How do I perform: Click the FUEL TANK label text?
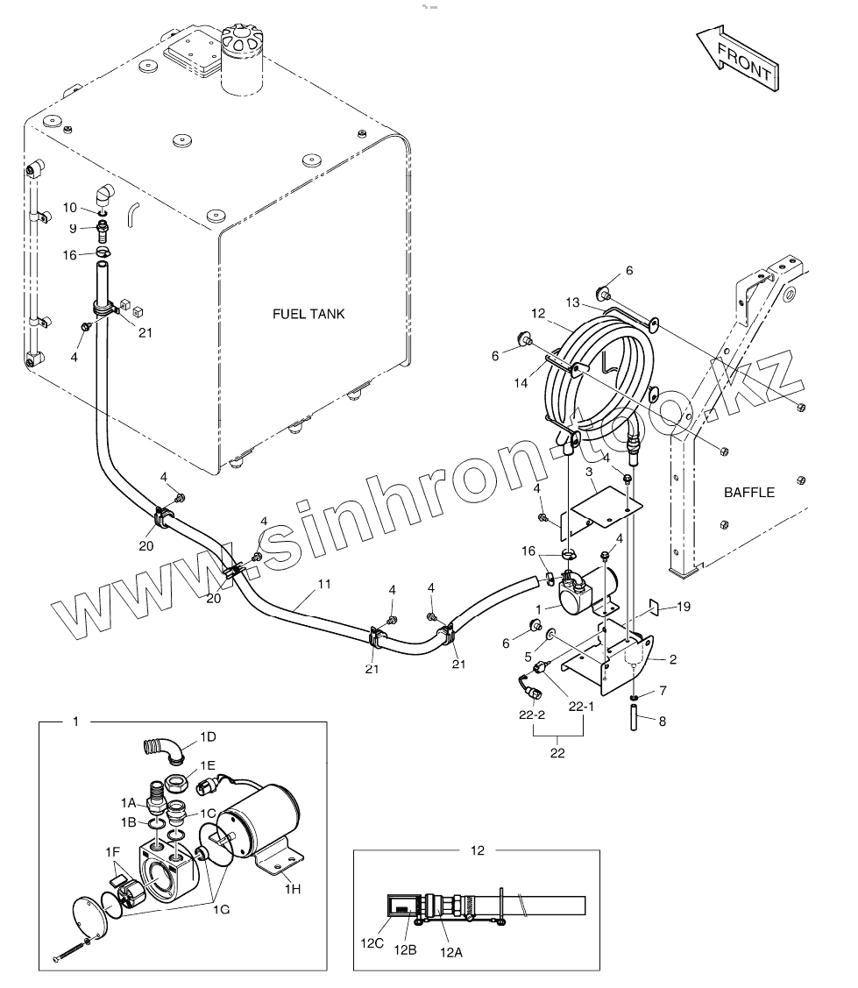pyautogui.click(x=308, y=314)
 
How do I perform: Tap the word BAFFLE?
pyautogui.click(x=748, y=492)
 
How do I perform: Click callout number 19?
pyautogui.click(x=684, y=606)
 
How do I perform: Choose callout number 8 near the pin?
pyautogui.click(x=663, y=721)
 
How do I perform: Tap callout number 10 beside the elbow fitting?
pyautogui.click(x=70, y=207)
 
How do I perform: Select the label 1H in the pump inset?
pyautogui.click(x=292, y=888)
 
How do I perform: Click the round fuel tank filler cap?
pyautogui.click(x=244, y=40)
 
